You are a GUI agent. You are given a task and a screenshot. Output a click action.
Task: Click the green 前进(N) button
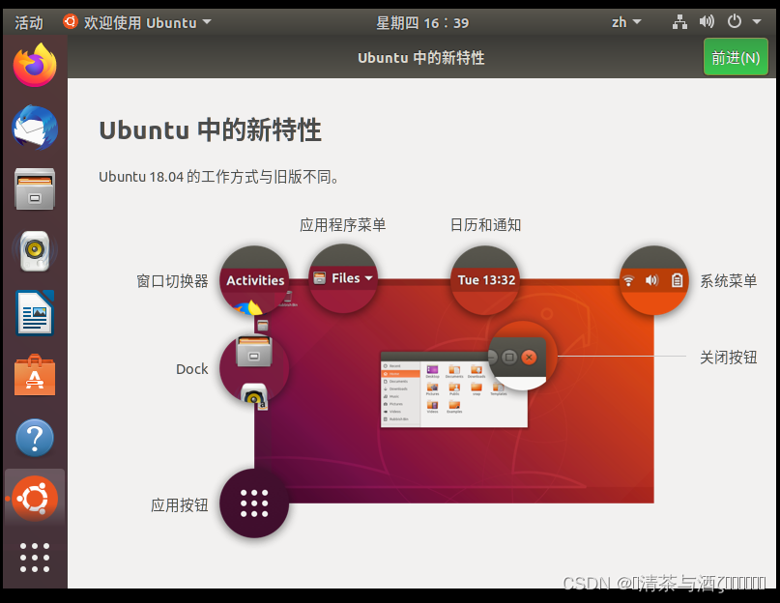[736, 58]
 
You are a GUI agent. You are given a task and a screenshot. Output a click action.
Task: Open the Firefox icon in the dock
[35, 66]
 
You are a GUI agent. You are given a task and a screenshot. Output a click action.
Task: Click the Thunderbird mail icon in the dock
[35, 128]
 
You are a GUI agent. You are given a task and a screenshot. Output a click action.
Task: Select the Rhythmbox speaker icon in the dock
[35, 251]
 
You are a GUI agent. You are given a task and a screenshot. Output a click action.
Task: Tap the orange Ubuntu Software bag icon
[35, 376]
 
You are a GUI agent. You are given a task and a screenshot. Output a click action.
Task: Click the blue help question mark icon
[35, 438]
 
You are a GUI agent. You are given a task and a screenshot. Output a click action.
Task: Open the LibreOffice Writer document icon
[35, 313]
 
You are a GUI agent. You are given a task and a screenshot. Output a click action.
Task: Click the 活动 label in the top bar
[29, 22]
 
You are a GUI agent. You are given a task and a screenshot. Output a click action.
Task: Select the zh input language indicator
[626, 22]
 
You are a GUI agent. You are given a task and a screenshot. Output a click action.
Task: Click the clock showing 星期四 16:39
[422, 22]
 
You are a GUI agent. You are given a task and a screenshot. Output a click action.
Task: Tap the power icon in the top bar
[740, 22]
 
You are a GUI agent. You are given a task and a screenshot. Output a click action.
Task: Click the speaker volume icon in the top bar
[707, 22]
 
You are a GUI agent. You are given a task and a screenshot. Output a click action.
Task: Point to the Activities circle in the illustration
[255, 280]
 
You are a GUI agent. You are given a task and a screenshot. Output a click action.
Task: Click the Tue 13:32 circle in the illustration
[486, 280]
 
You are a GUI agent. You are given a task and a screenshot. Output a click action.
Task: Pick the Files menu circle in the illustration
[343, 278]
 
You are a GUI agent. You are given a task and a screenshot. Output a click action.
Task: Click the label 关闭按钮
[728, 358]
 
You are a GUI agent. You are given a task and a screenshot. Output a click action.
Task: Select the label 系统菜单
[728, 281]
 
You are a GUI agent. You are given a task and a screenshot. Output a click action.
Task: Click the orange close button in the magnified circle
[529, 357]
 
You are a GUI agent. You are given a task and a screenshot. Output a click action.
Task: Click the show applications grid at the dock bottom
[35, 558]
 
